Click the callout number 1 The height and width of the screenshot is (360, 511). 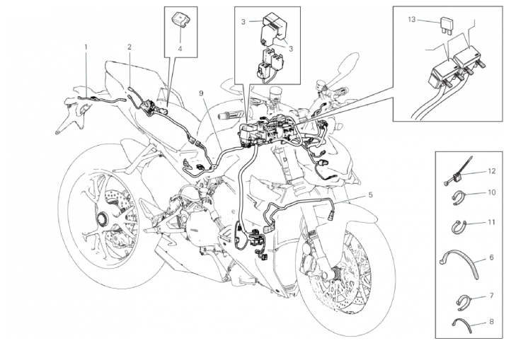(x=86, y=47)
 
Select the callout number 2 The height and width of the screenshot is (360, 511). (x=130, y=47)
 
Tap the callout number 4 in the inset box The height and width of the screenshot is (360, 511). (x=180, y=49)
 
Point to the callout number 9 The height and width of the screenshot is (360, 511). (x=202, y=93)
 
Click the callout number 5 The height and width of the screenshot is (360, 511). (x=370, y=194)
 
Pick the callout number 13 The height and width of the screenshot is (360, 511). (x=412, y=20)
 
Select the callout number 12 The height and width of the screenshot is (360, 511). (x=492, y=171)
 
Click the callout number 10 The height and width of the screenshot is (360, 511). (x=492, y=192)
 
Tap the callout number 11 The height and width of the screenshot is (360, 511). (x=492, y=222)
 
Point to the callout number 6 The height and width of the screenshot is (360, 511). (x=492, y=257)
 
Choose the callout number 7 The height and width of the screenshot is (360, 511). (x=492, y=296)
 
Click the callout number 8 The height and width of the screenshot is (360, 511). (x=492, y=322)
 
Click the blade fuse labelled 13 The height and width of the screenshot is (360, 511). (x=444, y=24)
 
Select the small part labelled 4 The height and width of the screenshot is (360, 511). (x=180, y=19)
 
